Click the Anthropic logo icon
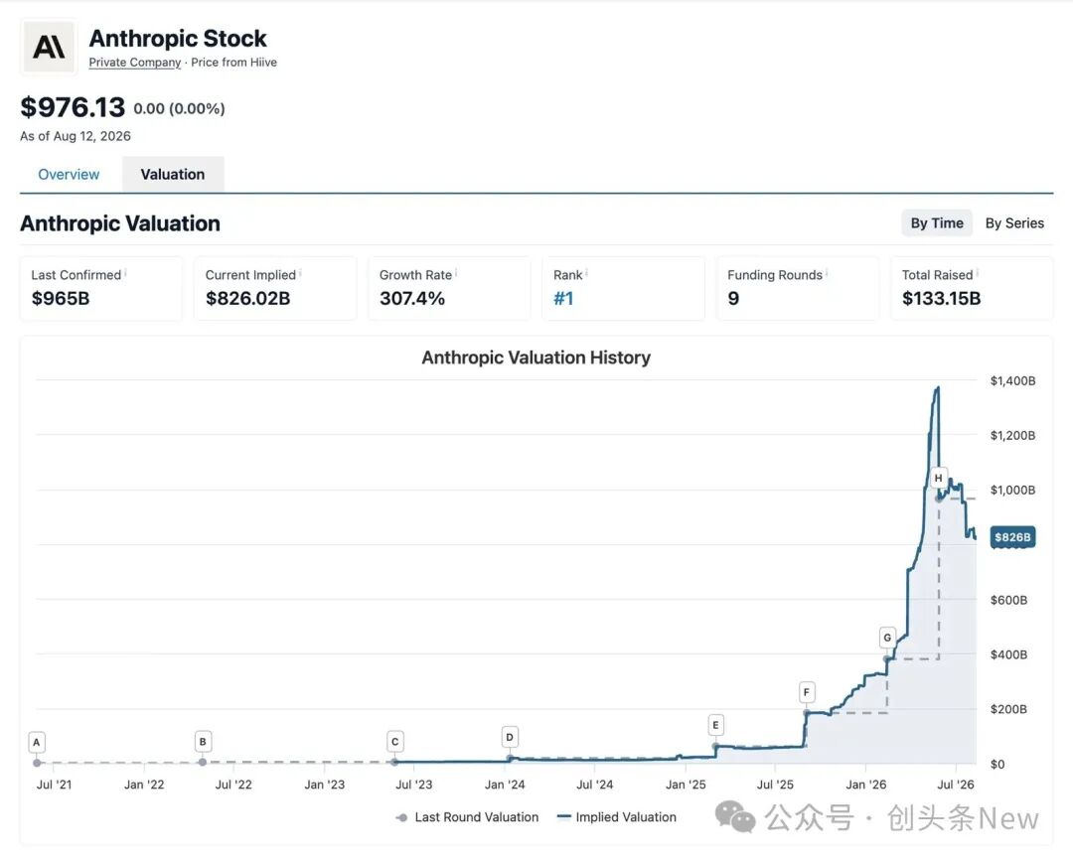coord(49,48)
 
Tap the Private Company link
coord(135,63)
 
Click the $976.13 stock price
coord(73,107)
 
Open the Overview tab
coord(69,175)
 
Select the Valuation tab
coord(173,175)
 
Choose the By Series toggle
coord(1014,222)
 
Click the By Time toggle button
coord(937,222)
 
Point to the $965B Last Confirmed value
coord(61,298)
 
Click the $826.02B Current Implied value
coord(247,298)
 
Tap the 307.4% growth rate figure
coord(412,298)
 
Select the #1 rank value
coord(563,298)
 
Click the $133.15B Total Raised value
coord(941,298)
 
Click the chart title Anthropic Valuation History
coord(536,358)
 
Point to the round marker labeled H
coord(938,478)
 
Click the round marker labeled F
coord(806,692)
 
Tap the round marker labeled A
coord(37,742)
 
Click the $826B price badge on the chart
coord(1012,537)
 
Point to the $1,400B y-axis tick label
coord(1012,381)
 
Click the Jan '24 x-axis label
coord(505,785)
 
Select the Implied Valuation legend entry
coord(617,817)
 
